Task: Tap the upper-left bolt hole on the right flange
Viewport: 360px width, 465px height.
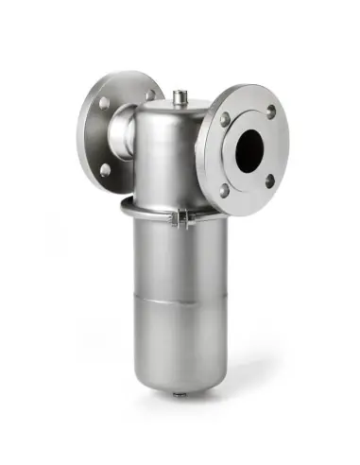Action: point(225,120)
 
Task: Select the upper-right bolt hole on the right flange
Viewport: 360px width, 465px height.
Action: point(271,111)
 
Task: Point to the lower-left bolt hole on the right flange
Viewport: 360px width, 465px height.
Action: point(225,189)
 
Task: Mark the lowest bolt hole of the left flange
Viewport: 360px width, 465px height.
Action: point(105,170)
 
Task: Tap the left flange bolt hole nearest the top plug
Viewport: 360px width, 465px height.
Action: point(149,95)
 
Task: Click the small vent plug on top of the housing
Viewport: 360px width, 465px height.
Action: point(180,95)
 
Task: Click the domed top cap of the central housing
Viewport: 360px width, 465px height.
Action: point(170,118)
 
